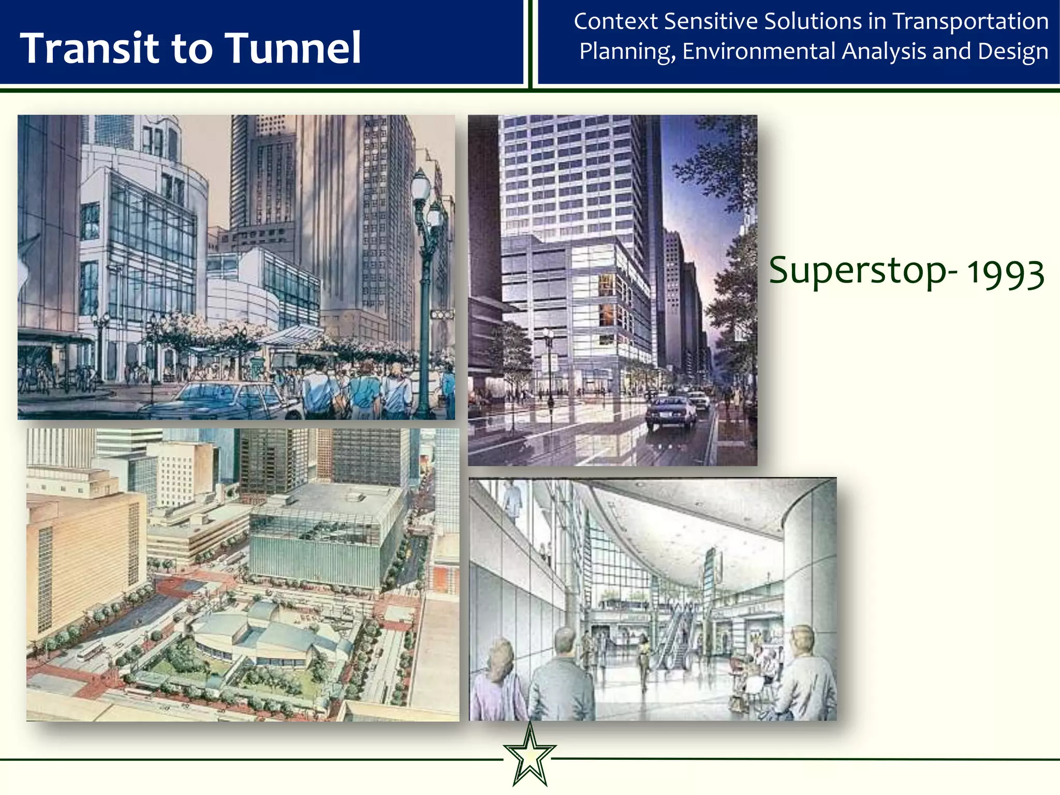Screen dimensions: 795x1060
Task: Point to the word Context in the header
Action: [616, 22]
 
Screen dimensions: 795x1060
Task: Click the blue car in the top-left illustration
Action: [223, 400]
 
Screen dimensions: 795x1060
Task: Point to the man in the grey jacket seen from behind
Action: [562, 678]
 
